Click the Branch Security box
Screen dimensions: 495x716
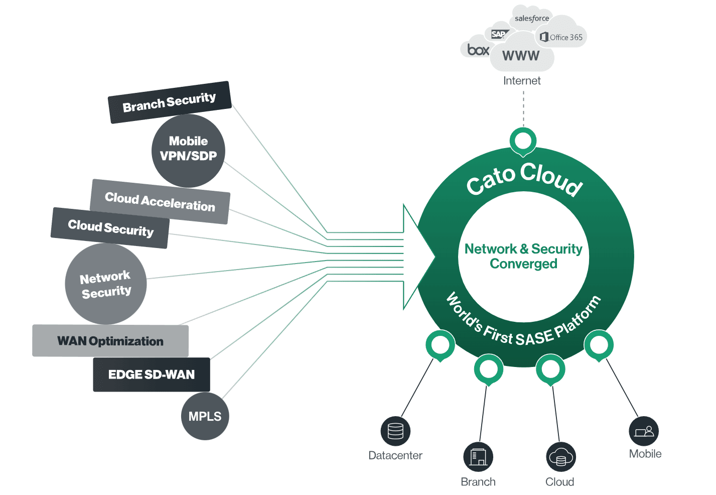[x=170, y=102]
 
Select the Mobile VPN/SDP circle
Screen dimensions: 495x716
[x=188, y=150]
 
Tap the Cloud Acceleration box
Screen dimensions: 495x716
[x=160, y=202]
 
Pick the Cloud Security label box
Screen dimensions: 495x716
[x=110, y=228]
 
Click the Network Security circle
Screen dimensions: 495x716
[x=106, y=284]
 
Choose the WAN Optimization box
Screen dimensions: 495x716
[x=110, y=341]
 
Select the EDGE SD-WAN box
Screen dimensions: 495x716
[x=152, y=375]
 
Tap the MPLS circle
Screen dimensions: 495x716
[x=205, y=416]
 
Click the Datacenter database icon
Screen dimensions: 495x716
[x=395, y=431]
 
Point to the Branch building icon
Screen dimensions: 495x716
[x=478, y=457]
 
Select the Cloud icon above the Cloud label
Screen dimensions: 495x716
[x=560, y=457]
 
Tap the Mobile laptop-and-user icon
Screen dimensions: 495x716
[x=644, y=431]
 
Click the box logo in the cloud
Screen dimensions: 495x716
[x=478, y=50]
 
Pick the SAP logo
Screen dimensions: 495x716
[x=498, y=34]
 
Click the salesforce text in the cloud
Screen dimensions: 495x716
[x=532, y=19]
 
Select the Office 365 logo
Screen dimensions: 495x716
[x=561, y=37]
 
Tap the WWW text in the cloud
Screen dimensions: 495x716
[x=521, y=56]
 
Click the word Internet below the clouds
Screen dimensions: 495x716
[x=522, y=81]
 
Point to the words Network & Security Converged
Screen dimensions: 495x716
[x=523, y=256]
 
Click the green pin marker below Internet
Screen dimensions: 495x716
[x=523, y=141]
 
